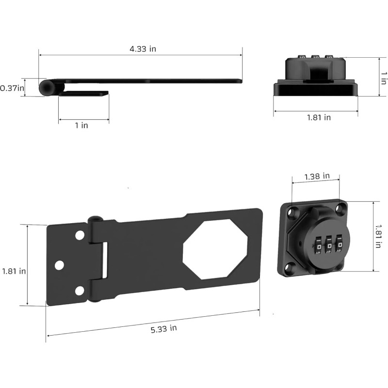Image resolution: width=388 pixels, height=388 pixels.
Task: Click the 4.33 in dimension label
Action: tap(143, 49)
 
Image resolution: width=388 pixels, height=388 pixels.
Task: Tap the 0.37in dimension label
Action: tap(12, 88)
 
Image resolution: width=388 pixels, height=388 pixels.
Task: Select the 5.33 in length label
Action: tap(164, 329)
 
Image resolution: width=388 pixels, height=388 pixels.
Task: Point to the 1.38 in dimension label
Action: tap(317, 177)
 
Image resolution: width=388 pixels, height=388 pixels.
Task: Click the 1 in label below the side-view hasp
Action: tap(81, 126)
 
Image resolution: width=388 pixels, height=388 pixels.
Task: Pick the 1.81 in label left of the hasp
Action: tap(14, 271)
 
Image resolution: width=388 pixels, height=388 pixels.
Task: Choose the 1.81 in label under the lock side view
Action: tap(319, 117)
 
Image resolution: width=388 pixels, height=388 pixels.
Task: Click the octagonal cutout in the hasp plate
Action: tap(215, 249)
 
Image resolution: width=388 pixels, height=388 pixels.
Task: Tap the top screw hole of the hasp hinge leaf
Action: tap(80, 235)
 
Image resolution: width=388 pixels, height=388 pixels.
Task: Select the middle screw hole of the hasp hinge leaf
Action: tap(59, 265)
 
